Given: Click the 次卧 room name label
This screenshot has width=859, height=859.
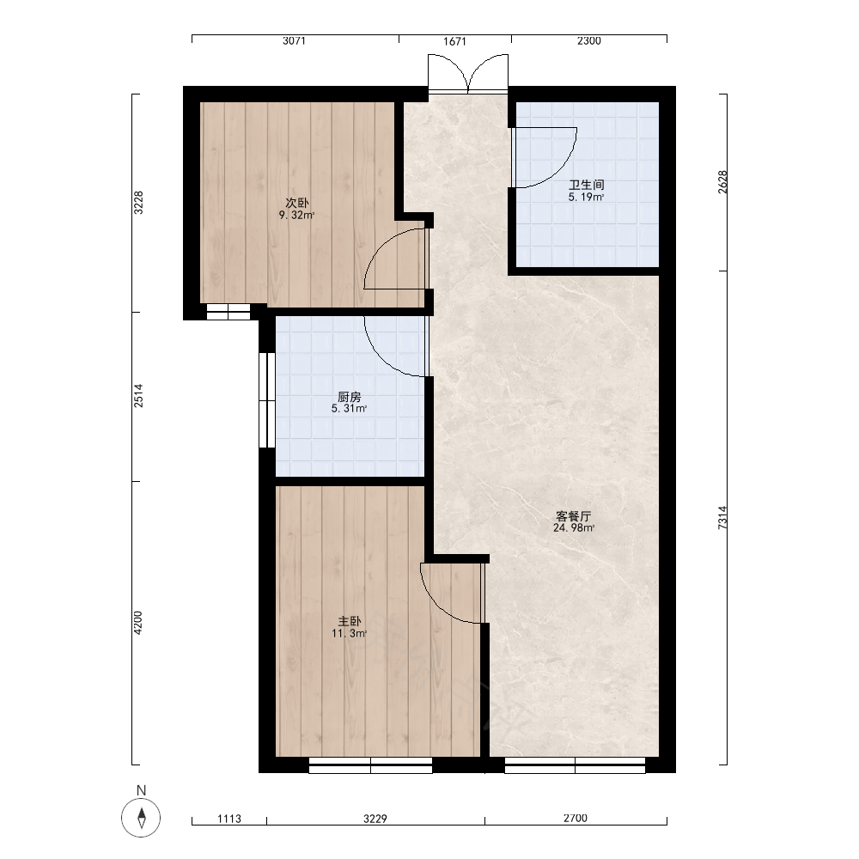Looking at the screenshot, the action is click(297, 203).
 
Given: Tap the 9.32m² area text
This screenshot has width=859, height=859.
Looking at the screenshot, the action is click(297, 216).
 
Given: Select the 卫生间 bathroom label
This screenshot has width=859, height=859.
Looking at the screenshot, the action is click(586, 185).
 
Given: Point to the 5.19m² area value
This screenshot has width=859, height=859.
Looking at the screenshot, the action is click(586, 198).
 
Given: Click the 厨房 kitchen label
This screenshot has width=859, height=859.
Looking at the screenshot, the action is click(350, 396).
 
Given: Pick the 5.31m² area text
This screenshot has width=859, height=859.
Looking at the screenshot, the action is click(350, 409).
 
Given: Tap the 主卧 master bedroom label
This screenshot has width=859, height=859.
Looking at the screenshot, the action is click(350, 621).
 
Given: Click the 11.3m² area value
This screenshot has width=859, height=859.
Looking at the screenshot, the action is click(350, 634).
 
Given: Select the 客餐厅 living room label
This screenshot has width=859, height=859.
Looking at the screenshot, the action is click(574, 516).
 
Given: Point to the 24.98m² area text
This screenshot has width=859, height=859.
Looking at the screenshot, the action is click(574, 528).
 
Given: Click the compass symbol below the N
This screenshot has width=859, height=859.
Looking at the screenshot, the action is click(142, 818).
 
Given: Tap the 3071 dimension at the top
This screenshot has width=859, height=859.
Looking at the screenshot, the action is click(294, 40).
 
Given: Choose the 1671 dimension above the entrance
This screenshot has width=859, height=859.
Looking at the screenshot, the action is click(454, 41).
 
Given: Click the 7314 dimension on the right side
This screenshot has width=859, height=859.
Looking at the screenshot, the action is click(722, 517).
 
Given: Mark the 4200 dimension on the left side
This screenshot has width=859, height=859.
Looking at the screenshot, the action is click(138, 623).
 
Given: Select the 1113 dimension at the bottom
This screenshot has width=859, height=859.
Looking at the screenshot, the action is click(229, 819).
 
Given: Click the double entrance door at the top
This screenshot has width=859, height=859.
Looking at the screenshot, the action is click(468, 74).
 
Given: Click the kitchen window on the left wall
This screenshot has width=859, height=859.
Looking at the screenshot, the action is click(267, 400).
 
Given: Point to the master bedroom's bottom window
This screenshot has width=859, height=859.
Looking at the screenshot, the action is click(370, 765).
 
